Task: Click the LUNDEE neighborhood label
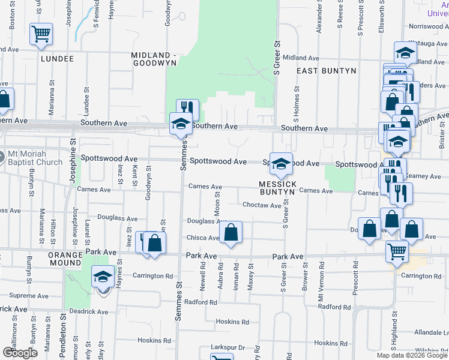(x=57, y=59)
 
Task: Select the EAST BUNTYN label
(x=327, y=71)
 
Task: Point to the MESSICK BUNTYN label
(x=277, y=187)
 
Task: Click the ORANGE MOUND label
(x=65, y=260)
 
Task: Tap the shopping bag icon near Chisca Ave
(x=231, y=232)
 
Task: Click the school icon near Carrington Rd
(x=103, y=277)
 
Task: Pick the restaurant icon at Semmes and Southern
(x=188, y=109)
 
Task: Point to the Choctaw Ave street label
(x=262, y=205)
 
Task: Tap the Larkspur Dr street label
(x=229, y=347)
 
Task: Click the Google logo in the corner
(x=20, y=353)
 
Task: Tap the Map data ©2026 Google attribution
(x=412, y=355)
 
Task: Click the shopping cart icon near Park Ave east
(x=397, y=253)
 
